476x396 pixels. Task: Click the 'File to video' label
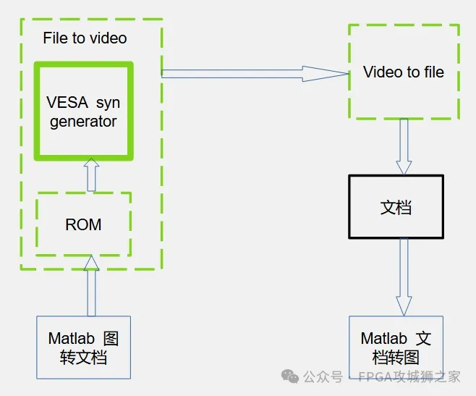pyautogui.click(x=85, y=38)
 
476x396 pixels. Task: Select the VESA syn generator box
pyautogui.click(x=84, y=111)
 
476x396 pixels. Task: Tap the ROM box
pyautogui.click(x=84, y=224)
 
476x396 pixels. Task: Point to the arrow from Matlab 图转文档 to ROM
pyautogui.click(x=91, y=285)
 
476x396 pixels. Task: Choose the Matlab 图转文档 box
pyautogui.click(x=84, y=347)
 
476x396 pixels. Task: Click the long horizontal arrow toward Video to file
pyautogui.click(x=253, y=73)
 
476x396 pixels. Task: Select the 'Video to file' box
pyautogui.click(x=404, y=72)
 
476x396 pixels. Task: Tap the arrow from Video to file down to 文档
pyautogui.click(x=404, y=146)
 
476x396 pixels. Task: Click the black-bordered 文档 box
pyautogui.click(x=396, y=207)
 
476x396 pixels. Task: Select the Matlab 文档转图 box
pyautogui.click(x=396, y=348)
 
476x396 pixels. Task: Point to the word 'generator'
pyautogui.click(x=83, y=121)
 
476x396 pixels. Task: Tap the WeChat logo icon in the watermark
pyautogui.click(x=290, y=376)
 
